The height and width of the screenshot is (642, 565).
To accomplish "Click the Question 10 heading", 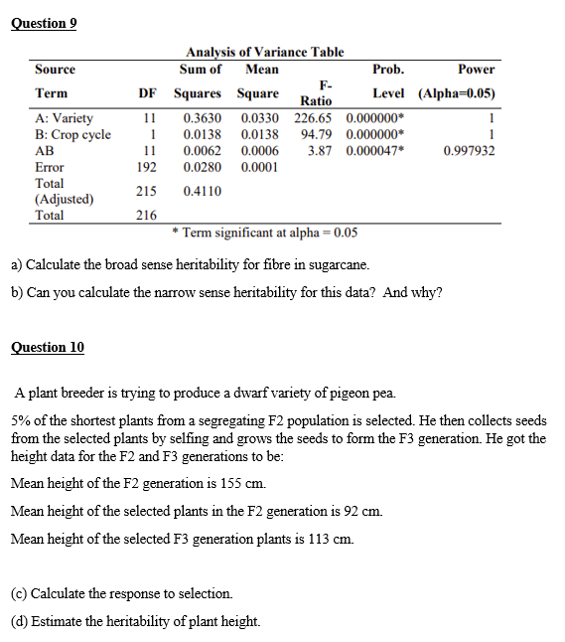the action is tap(47, 347).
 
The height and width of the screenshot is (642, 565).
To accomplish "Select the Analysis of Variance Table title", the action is tap(265, 52).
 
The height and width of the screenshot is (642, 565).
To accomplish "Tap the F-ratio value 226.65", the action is tap(317, 118).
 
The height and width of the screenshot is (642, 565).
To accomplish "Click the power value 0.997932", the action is tap(469, 150).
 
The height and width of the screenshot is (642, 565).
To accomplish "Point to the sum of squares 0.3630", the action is tap(204, 118).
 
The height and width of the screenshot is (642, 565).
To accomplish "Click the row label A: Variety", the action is tap(65, 118).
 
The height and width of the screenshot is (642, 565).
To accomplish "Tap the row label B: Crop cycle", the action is tap(73, 134).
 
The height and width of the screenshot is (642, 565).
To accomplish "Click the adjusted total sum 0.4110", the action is tap(204, 191).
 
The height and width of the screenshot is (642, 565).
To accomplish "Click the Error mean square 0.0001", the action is tap(260, 167).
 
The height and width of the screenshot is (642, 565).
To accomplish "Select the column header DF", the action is tap(148, 93).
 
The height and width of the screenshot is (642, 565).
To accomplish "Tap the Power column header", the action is tap(476, 69).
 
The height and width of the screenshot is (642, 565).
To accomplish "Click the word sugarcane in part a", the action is tap(340, 266).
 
